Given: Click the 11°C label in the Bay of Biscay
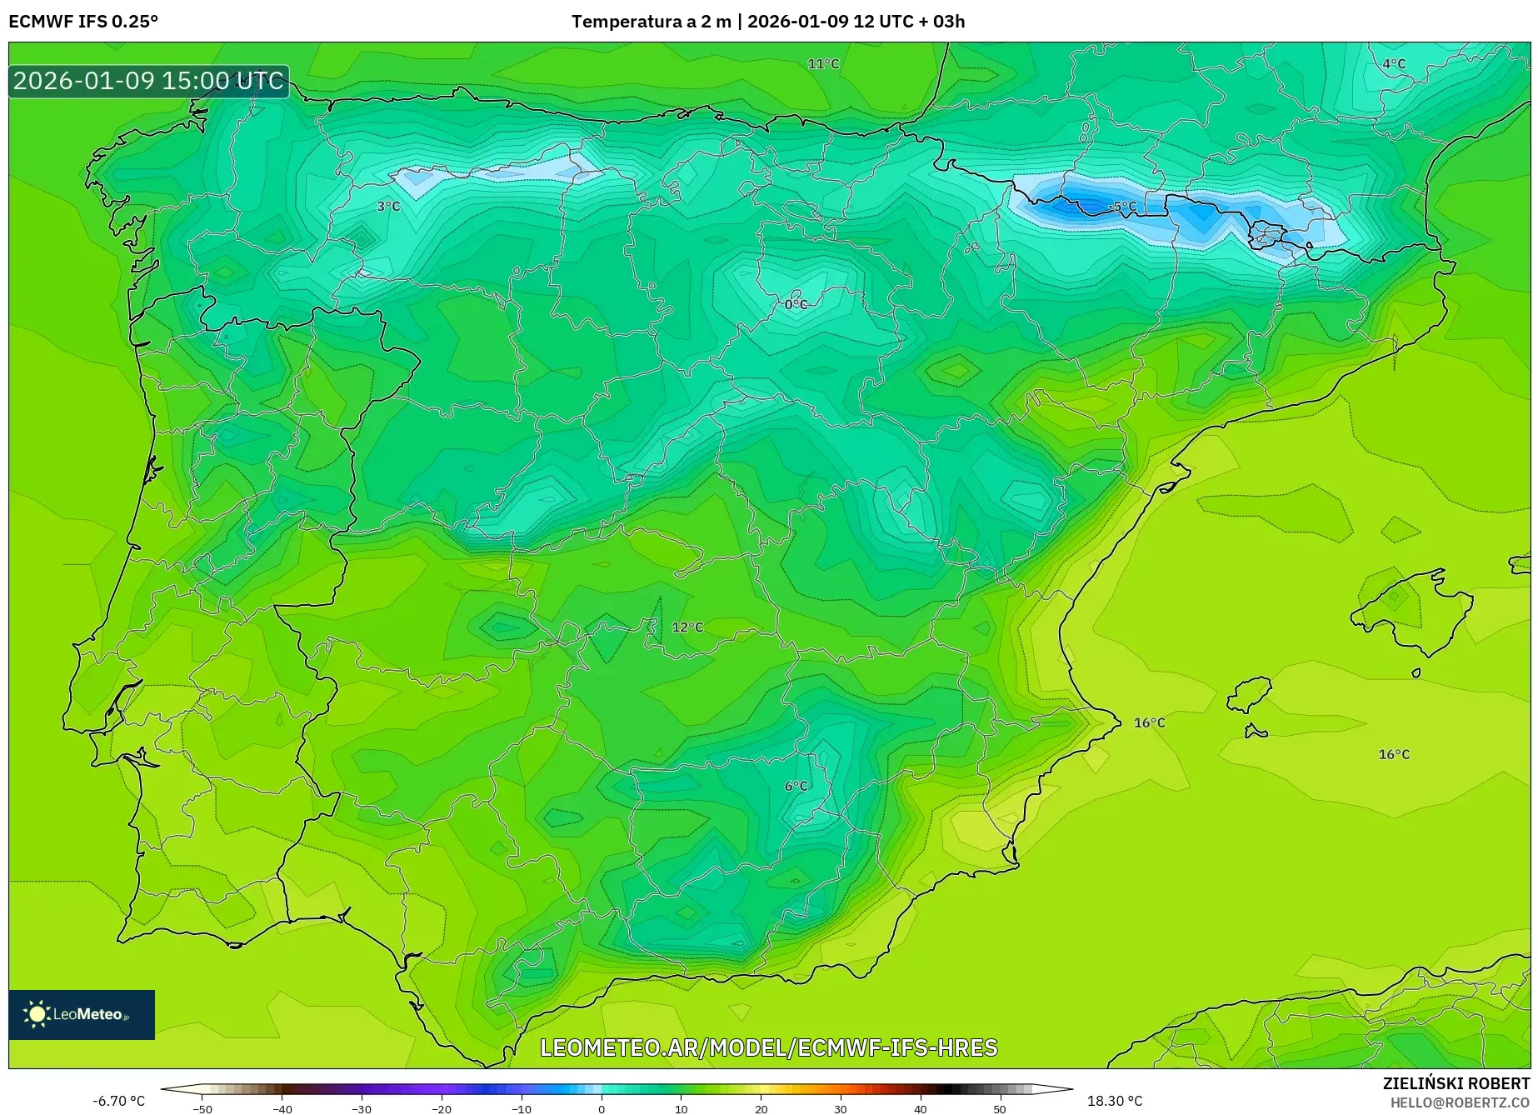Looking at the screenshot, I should (x=823, y=64).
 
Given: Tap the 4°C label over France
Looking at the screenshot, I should (x=1394, y=64).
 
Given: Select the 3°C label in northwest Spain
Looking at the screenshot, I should (x=388, y=207).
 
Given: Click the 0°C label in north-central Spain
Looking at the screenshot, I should (x=796, y=305).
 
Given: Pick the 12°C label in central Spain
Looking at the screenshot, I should (x=687, y=627).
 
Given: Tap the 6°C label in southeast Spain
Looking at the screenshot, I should (x=796, y=787).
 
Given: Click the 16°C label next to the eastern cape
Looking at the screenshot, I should (x=1149, y=723).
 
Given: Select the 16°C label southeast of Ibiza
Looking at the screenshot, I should (x=1394, y=755).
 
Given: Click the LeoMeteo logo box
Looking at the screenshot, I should (x=82, y=1014).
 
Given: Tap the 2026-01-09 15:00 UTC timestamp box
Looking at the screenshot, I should (x=149, y=81).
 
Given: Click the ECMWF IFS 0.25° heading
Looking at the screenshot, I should (x=83, y=22).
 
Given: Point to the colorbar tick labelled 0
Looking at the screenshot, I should (x=602, y=1109).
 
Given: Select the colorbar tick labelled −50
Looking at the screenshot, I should (x=202, y=1109).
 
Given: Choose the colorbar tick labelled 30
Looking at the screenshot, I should (x=841, y=1109).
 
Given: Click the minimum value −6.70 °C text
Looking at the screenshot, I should (x=118, y=1101).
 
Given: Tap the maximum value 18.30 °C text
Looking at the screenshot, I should (x=1115, y=1101).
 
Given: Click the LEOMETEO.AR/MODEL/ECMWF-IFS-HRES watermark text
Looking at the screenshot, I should (x=768, y=1047).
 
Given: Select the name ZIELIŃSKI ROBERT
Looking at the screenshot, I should (x=1456, y=1084).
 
